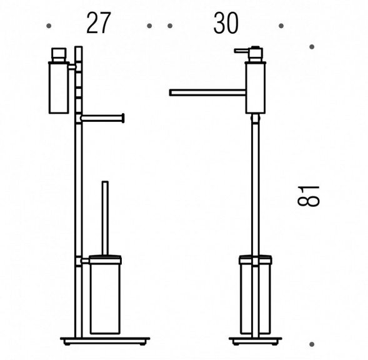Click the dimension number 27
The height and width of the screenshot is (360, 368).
point(99,23)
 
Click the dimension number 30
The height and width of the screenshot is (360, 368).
point(226,23)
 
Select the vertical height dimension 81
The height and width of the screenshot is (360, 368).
point(309,196)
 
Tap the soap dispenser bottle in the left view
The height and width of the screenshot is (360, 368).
point(59,87)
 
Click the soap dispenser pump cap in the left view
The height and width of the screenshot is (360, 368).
point(59,55)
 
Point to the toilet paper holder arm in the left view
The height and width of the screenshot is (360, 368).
point(102,118)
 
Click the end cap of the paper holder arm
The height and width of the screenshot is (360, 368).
point(123,118)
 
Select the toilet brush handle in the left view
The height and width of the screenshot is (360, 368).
point(105,218)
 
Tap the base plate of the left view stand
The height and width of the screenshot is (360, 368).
point(105,341)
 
